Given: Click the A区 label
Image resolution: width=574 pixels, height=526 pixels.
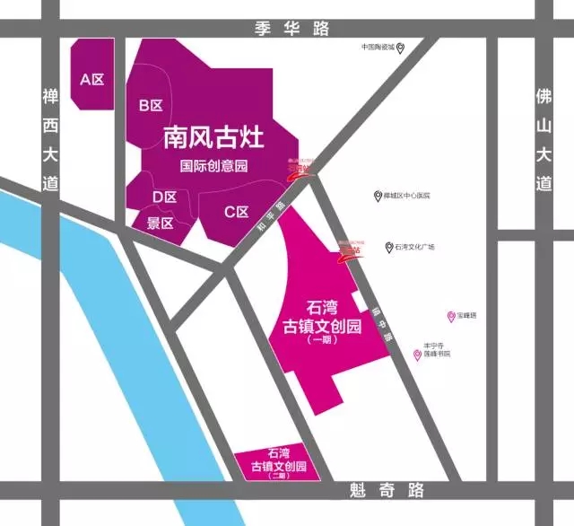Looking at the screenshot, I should (x=92, y=79).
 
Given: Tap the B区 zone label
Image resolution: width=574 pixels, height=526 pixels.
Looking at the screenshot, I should (x=151, y=105).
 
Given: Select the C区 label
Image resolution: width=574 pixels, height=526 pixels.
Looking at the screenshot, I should (x=236, y=212).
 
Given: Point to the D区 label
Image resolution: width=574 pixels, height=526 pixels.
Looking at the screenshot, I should (x=163, y=197).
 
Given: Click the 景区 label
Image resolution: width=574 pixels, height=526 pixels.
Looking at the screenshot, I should (x=159, y=224).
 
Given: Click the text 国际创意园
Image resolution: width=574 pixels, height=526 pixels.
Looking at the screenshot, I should (x=213, y=166).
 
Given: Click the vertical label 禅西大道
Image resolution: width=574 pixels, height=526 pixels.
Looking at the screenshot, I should (x=49, y=139).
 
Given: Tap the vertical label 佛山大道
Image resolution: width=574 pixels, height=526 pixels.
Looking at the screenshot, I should (x=542, y=139).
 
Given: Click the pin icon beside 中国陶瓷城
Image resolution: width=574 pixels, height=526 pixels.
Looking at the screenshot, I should (x=402, y=48).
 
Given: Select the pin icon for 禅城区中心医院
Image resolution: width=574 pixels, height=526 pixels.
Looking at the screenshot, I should (x=378, y=196).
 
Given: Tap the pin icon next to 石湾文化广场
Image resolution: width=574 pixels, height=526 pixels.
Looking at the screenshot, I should (x=387, y=247).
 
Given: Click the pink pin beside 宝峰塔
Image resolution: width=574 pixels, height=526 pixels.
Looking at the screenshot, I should (x=450, y=316).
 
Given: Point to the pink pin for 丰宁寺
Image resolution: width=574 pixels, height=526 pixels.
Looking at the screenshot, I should (x=417, y=355).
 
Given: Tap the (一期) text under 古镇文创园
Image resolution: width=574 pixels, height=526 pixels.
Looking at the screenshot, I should (x=319, y=342).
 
